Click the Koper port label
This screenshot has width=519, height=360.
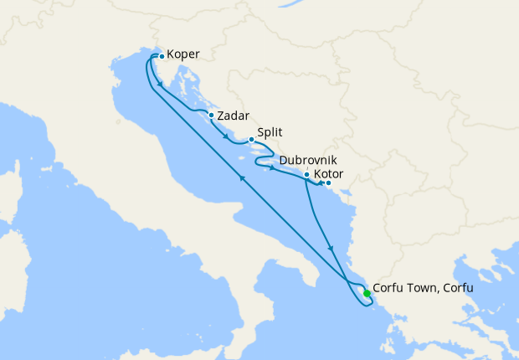point(182,55)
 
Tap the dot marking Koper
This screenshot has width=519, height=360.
point(162,57)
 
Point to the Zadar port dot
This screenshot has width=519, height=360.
point(212,116)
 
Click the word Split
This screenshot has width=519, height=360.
point(269,131)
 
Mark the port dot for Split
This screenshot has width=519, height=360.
point(251,140)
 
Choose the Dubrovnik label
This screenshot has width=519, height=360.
point(309,159)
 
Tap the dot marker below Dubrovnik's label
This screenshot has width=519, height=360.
point(307,175)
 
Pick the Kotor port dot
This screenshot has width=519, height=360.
point(328,183)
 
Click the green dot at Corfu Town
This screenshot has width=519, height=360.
point(367,292)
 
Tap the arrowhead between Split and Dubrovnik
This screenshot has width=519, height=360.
point(272,168)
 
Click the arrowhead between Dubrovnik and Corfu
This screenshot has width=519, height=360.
point(333,249)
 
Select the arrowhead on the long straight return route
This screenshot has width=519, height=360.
point(243,177)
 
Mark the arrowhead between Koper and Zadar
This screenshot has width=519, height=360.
point(160,85)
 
